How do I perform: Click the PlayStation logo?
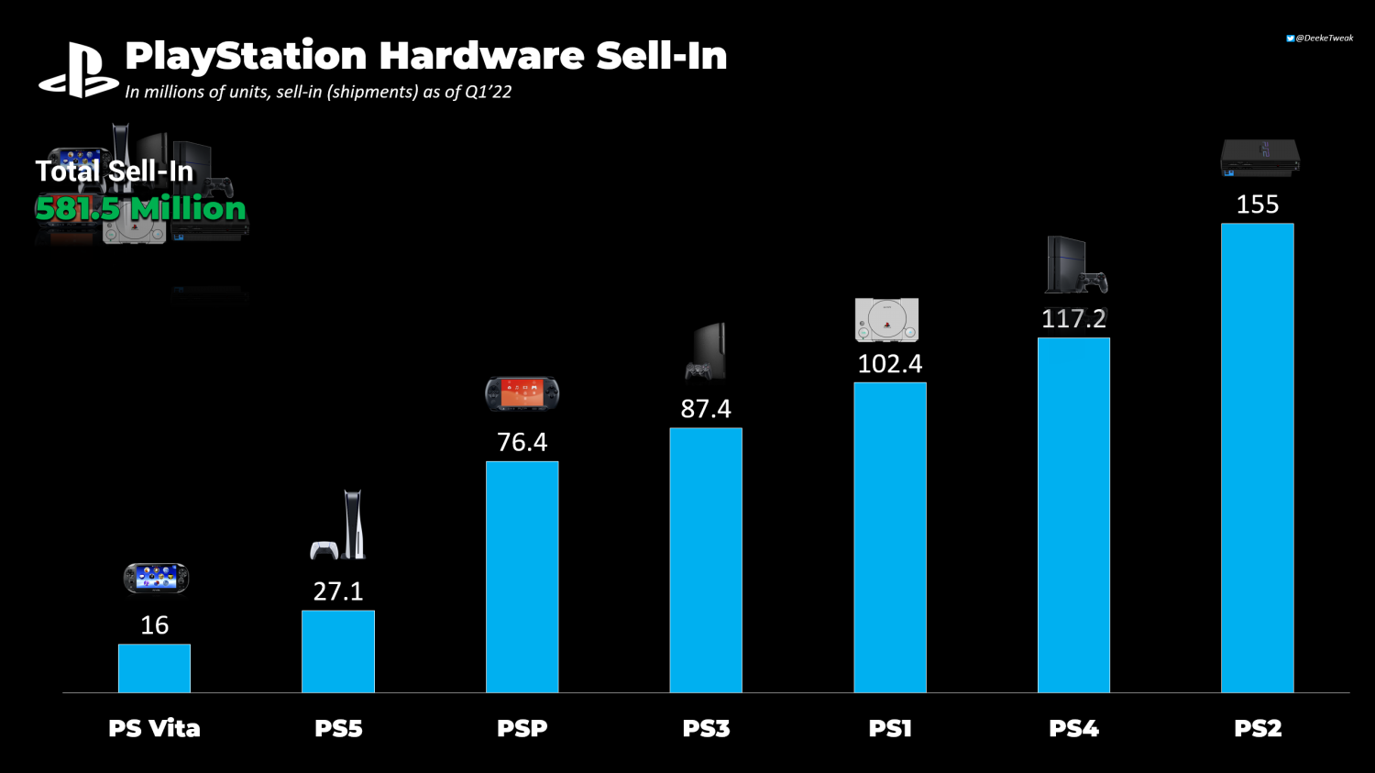[78, 72]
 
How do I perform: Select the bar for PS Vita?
[154, 668]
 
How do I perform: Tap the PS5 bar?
[338, 651]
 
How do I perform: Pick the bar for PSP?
[522, 577]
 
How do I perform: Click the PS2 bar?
[1257, 458]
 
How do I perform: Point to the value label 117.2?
[1073, 319]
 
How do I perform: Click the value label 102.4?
[889, 364]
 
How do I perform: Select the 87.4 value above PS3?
[706, 409]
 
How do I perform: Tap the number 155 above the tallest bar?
[1257, 204]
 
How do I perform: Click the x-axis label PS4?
[1073, 729]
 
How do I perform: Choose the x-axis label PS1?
[889, 729]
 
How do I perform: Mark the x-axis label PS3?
[706, 729]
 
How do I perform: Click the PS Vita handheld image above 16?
[156, 578]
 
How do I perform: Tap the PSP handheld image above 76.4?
[522, 393]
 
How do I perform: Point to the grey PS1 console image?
[886, 320]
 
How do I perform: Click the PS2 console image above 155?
[1259, 158]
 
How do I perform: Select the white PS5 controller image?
[324, 550]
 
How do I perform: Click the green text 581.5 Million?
[141, 209]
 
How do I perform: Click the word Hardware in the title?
[481, 56]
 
